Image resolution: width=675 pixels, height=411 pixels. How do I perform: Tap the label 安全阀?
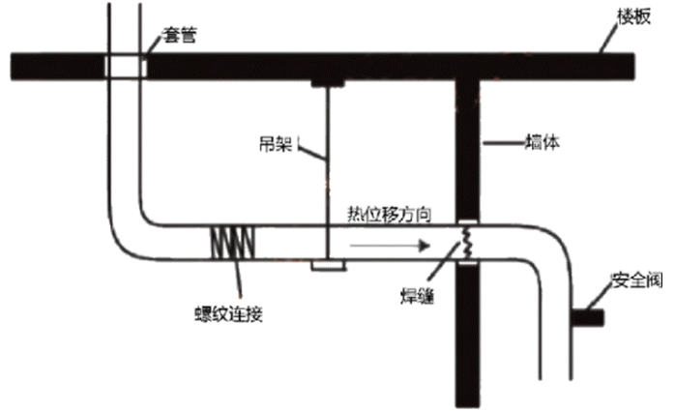[x=634, y=281]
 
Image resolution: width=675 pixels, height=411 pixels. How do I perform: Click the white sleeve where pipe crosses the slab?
[x=125, y=66]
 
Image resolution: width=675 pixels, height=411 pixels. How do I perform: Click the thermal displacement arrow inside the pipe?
[x=387, y=246]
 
